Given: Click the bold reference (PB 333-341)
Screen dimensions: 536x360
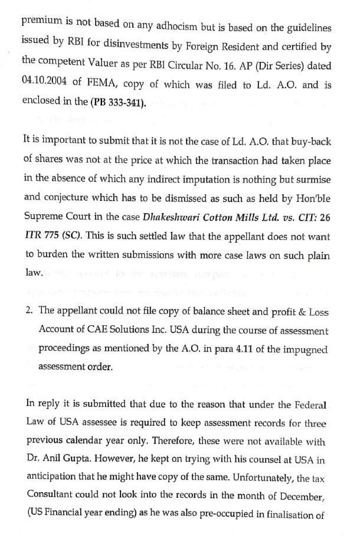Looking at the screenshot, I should (x=117, y=101).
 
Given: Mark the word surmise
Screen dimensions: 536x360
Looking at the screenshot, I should (x=313, y=179).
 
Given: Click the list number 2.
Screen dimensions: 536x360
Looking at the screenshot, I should (x=29, y=311).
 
